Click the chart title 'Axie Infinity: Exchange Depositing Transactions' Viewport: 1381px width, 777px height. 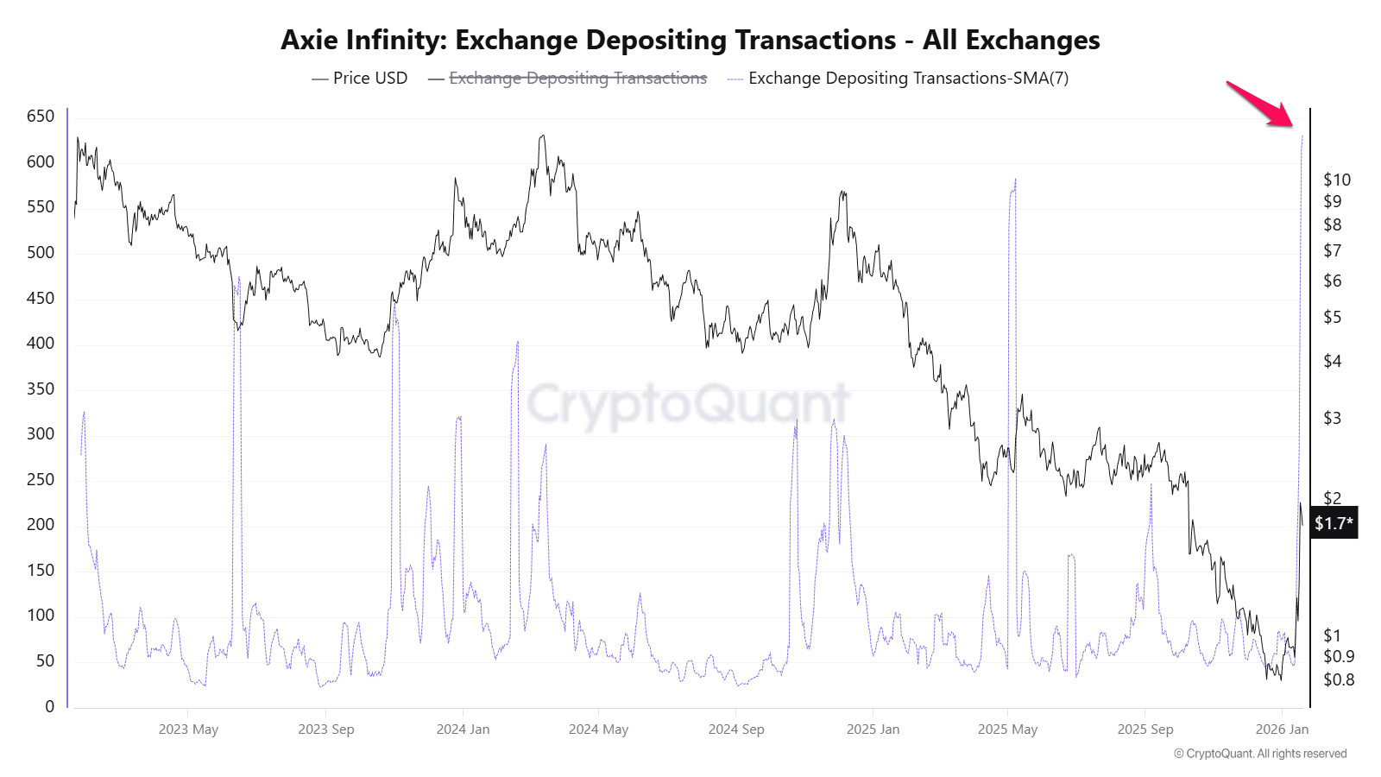pyautogui.click(x=690, y=40)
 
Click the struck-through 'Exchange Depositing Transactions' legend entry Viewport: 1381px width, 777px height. pyautogui.click(x=577, y=78)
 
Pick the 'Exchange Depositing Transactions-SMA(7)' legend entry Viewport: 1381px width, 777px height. pyautogui.click(x=908, y=78)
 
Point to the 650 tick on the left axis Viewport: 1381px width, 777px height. pyautogui.click(x=41, y=116)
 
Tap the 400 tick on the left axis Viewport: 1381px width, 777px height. pyautogui.click(x=41, y=343)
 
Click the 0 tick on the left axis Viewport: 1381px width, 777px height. pyautogui.click(x=49, y=706)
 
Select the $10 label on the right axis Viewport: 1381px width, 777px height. pyautogui.click(x=1337, y=180)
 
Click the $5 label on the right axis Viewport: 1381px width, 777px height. pyautogui.click(x=1333, y=317)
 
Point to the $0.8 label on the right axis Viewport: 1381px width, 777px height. pyautogui.click(x=1339, y=679)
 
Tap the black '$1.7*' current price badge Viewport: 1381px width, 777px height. pyautogui.click(x=1334, y=522)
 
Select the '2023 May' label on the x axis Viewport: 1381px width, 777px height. pyautogui.click(x=188, y=729)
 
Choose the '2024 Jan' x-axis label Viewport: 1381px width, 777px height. pyautogui.click(x=463, y=729)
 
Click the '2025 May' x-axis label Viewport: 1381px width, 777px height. pyautogui.click(x=1007, y=729)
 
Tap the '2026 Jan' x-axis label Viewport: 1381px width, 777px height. pyautogui.click(x=1282, y=729)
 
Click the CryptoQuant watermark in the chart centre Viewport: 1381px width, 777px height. pyautogui.click(x=689, y=402)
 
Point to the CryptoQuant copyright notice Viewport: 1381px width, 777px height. pyautogui.click(x=1259, y=754)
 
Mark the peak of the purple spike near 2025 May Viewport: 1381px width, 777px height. pyautogui.click(x=1015, y=180)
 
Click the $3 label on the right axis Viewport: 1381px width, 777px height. pyautogui.click(x=1333, y=418)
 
